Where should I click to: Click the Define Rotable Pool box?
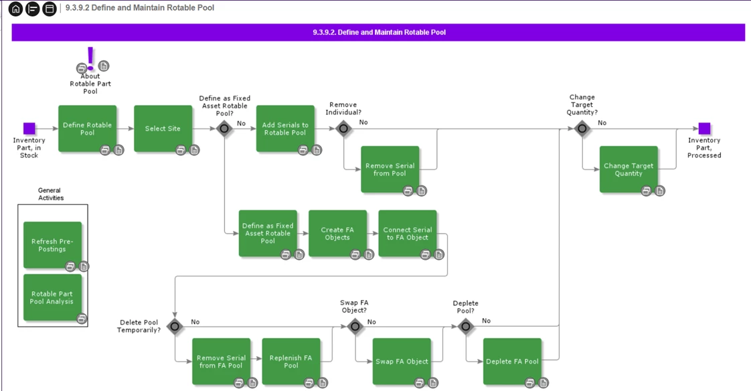(x=87, y=128)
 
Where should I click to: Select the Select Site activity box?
(x=163, y=128)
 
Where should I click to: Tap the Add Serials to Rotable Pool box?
(x=285, y=128)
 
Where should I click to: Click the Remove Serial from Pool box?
(x=390, y=169)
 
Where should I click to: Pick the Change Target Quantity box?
(x=628, y=169)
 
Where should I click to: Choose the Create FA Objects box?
(x=337, y=233)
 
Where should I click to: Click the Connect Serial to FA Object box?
(x=407, y=233)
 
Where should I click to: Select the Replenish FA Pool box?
(x=290, y=361)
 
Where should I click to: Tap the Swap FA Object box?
(x=402, y=361)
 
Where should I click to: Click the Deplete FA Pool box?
(x=512, y=361)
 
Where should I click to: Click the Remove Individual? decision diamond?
(x=343, y=128)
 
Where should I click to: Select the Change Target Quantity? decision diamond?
(x=582, y=128)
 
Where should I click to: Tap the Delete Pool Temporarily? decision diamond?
(x=175, y=327)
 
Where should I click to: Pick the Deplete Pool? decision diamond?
(x=466, y=327)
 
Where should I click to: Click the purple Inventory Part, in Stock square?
(x=29, y=128)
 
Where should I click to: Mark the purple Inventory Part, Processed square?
(x=704, y=128)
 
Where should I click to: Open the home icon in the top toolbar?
(x=15, y=9)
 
